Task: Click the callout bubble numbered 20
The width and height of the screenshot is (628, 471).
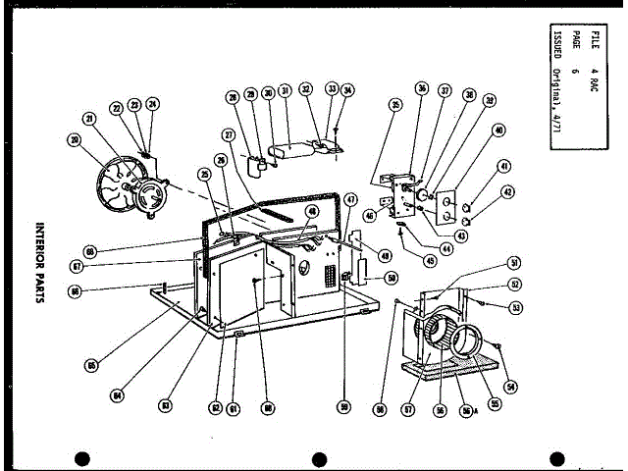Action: point(74,139)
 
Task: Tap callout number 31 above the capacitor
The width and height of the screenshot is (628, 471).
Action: point(284,91)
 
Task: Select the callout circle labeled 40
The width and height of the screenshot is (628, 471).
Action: point(498,130)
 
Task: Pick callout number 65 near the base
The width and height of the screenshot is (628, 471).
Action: point(91,365)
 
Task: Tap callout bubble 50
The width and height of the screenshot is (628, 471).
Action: point(392,279)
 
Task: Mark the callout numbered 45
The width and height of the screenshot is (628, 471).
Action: point(430,260)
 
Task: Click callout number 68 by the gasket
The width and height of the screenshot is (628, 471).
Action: point(90,252)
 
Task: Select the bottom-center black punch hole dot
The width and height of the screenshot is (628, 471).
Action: point(318,459)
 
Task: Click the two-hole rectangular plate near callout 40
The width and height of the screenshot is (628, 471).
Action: point(447,207)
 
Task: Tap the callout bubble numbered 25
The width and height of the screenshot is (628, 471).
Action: point(205,174)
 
